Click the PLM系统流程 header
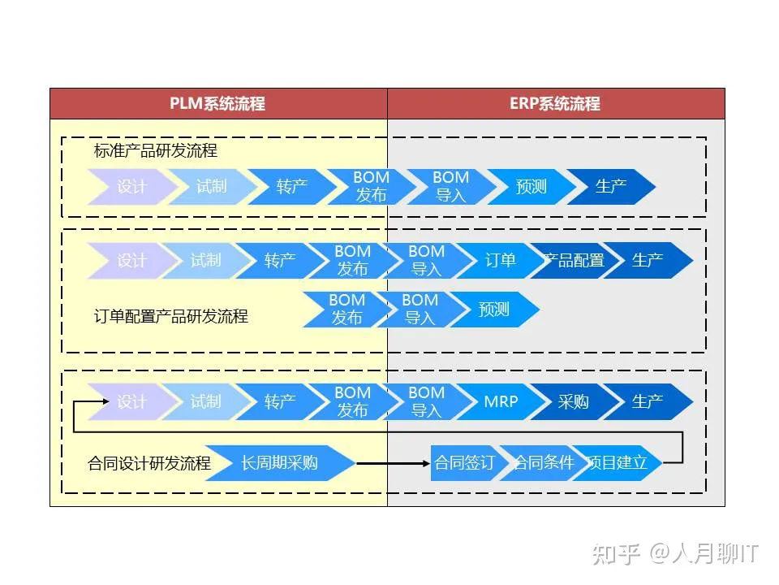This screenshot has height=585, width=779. point(217,104)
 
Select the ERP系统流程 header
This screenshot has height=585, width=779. point(555,104)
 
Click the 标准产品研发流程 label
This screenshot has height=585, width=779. point(156,151)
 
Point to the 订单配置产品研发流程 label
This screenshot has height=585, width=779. point(171,316)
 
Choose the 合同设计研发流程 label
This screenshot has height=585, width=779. point(149,463)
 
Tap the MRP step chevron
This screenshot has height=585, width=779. point(501,401)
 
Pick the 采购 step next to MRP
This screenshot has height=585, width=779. point(574,401)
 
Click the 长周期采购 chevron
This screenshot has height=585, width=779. point(279,463)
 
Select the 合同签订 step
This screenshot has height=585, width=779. point(464,463)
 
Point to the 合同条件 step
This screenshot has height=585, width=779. point(542,463)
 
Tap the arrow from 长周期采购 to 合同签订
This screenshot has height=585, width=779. point(393,463)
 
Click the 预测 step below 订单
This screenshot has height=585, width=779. point(493,310)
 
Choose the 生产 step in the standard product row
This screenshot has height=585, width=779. point(611,187)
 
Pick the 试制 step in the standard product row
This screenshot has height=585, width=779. point(211,187)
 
